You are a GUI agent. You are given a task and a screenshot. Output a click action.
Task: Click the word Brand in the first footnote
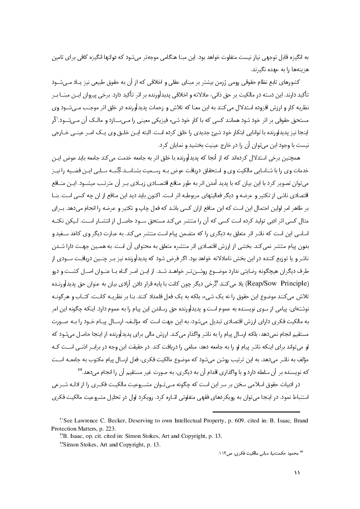pos(300,421)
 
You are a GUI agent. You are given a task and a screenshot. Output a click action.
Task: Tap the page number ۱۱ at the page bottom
pos(297,472)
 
